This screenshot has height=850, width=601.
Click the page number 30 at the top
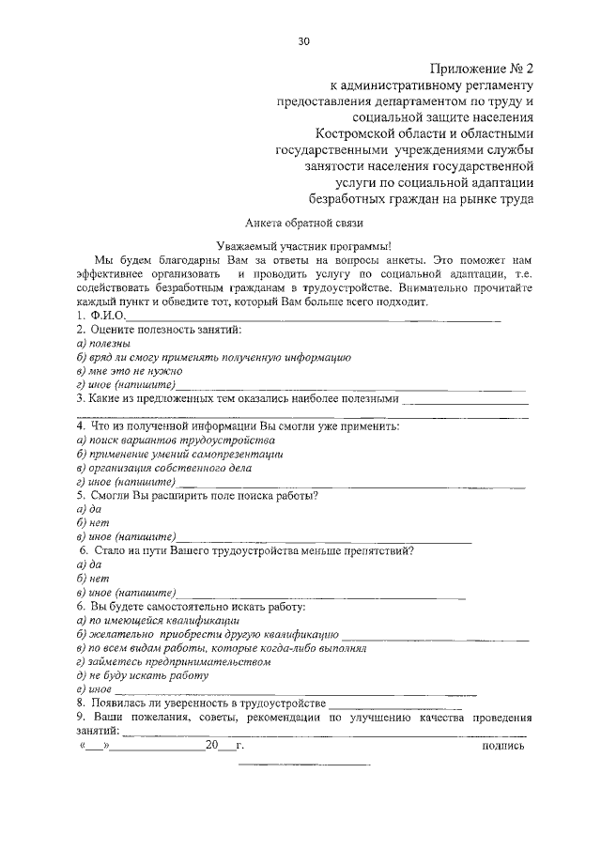coord(302,41)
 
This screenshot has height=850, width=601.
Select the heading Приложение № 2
coord(482,69)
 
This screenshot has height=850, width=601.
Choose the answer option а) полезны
coord(97,344)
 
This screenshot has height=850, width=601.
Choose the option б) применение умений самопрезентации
coord(179,454)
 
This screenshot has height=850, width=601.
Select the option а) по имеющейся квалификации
coord(158,620)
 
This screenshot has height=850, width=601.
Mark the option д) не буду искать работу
coord(142,675)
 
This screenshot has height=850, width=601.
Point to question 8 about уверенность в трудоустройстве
coord(201,703)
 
